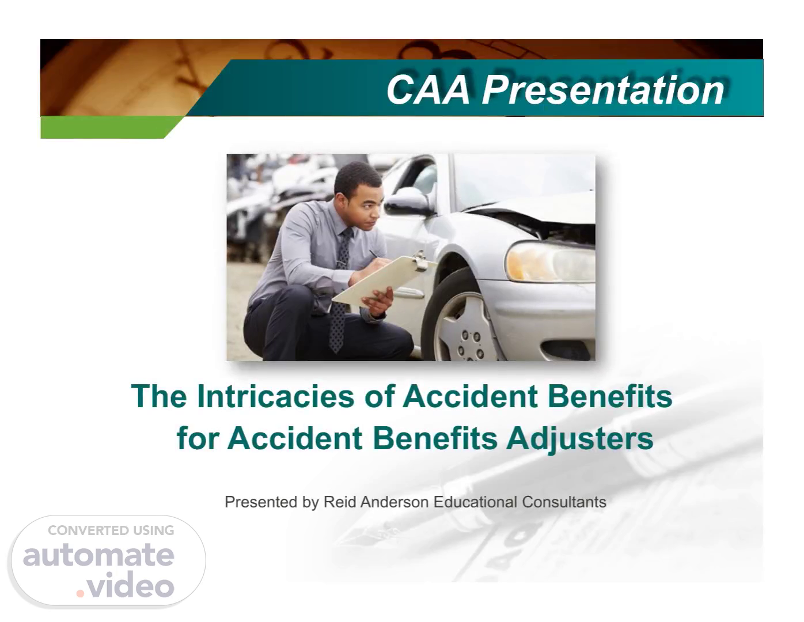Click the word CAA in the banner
click(x=428, y=89)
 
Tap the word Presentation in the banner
click(x=604, y=89)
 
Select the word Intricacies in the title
click(x=276, y=396)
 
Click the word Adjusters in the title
click(x=580, y=439)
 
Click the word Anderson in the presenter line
click(x=395, y=502)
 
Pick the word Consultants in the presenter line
click(x=564, y=502)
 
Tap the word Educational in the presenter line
click(x=476, y=502)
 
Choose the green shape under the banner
click(x=111, y=127)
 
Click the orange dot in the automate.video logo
click(x=80, y=593)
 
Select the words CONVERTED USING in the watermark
click(x=111, y=530)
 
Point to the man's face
click(x=365, y=206)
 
